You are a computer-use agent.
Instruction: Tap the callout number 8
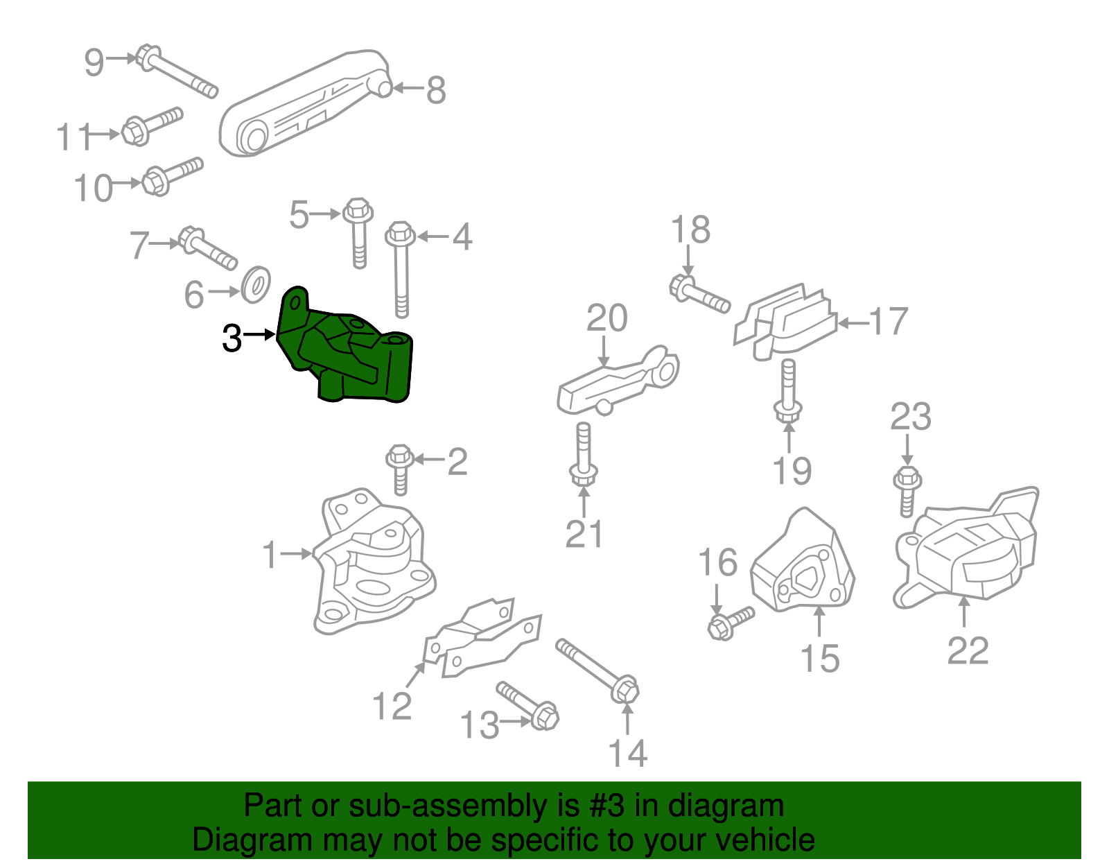click(x=436, y=90)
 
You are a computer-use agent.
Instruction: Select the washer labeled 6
click(x=256, y=284)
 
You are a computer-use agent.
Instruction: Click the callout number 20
click(x=606, y=318)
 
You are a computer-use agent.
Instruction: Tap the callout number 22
click(x=968, y=650)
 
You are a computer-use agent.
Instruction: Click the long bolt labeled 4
click(x=401, y=269)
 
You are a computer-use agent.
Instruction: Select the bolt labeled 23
click(x=907, y=491)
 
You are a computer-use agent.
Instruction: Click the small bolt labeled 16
click(x=730, y=623)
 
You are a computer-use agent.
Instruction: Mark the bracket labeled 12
click(x=482, y=639)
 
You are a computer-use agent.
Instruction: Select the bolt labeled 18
click(x=699, y=295)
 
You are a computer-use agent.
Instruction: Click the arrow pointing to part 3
click(x=260, y=335)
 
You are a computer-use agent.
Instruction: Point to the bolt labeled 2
click(x=400, y=469)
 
